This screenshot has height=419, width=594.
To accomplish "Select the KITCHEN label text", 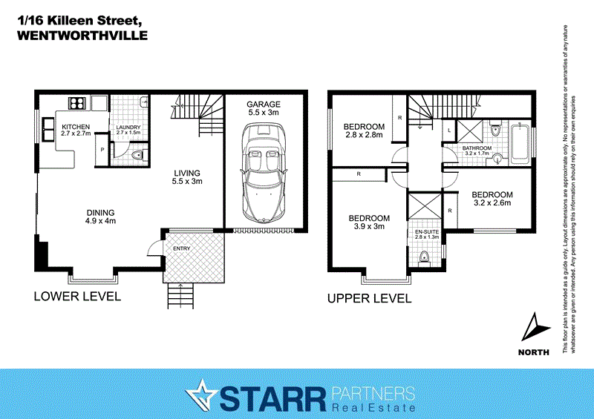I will click(x=76, y=127).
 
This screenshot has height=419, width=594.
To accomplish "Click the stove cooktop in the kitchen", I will click(x=76, y=104).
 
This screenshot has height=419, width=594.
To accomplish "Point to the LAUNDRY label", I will click(x=128, y=127).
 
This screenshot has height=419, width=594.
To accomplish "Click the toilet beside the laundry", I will click(x=136, y=156).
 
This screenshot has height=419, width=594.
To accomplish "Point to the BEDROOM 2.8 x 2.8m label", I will click(x=364, y=131).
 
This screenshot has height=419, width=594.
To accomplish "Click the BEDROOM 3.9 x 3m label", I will click(x=370, y=222).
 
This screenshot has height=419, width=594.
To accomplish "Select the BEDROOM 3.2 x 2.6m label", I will click(x=492, y=199).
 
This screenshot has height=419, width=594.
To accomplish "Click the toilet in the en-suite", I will click(x=424, y=257).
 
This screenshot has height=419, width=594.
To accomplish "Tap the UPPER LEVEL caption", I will click(x=369, y=298).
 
